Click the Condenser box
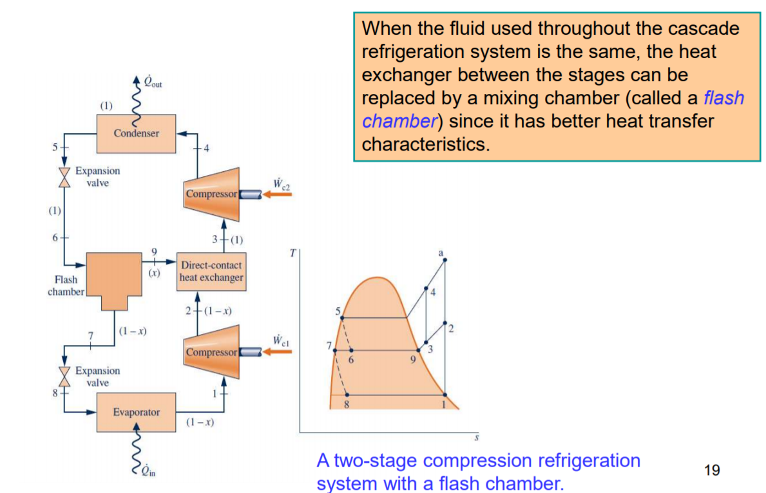pos(136,133)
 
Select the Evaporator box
pos(136,412)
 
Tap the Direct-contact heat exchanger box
pos(212,272)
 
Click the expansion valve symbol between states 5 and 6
pos(64,178)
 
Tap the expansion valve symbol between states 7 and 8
pos(64,377)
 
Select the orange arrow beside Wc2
pos(278,194)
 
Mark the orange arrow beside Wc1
pos(278,352)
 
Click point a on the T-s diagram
pos(445,260)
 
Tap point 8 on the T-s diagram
pos(347,395)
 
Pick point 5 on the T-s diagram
pos(341,318)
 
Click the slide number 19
pos(712,470)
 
